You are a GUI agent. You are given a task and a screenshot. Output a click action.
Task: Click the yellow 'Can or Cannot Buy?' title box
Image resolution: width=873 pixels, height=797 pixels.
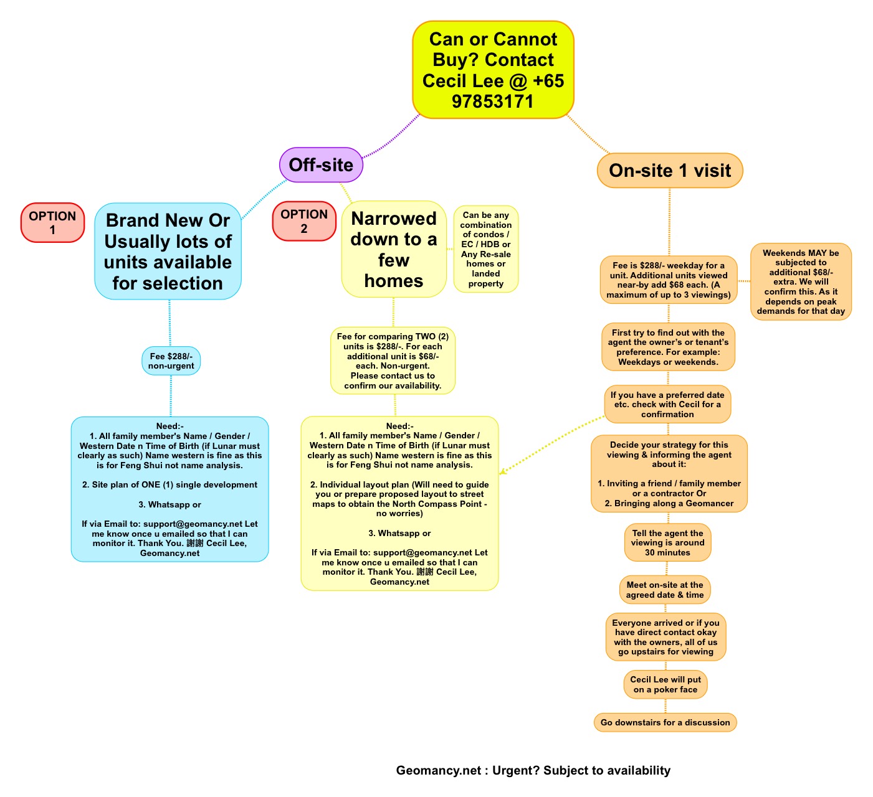tap(493, 70)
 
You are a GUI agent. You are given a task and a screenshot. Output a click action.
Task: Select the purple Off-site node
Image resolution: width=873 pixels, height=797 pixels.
tap(321, 165)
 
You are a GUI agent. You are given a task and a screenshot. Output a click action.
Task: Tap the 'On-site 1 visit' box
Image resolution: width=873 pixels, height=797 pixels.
tap(670, 171)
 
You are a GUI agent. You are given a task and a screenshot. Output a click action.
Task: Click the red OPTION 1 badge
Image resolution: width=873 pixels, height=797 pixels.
tap(52, 222)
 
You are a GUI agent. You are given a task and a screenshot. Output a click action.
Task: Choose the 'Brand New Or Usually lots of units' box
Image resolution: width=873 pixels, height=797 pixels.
tap(168, 251)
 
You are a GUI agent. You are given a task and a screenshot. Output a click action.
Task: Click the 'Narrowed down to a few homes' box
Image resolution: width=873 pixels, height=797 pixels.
tap(394, 249)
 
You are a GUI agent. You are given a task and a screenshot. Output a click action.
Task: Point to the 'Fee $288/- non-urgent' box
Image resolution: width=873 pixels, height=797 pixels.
tap(171, 361)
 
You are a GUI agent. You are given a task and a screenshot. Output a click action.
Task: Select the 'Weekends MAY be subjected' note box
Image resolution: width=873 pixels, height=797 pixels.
tap(801, 282)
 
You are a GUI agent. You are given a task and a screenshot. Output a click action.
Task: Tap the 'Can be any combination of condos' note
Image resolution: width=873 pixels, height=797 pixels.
tap(486, 249)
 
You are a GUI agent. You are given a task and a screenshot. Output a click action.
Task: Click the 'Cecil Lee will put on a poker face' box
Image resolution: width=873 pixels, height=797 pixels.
tap(665, 684)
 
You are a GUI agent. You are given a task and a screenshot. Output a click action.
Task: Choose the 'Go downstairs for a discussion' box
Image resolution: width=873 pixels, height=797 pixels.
tap(665, 722)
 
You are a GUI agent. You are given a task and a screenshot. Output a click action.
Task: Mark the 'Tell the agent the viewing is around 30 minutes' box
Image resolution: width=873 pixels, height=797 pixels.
tap(667, 542)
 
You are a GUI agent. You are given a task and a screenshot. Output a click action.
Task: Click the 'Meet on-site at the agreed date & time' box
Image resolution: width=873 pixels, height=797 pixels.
tap(665, 590)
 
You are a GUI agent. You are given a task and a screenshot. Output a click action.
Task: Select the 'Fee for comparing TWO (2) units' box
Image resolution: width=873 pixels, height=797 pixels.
tap(393, 361)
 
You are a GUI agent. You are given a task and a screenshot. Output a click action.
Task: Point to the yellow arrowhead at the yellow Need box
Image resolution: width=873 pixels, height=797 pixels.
tap(502, 471)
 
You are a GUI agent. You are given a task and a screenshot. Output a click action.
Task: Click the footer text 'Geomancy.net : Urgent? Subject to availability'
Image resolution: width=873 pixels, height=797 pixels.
tap(533, 770)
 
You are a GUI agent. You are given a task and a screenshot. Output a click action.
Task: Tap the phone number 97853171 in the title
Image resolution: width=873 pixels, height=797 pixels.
tap(493, 101)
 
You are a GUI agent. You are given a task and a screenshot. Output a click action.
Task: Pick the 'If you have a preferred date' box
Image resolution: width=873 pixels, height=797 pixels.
tap(667, 404)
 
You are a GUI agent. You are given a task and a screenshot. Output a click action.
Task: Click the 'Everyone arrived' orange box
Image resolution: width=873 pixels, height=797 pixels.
tap(665, 637)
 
